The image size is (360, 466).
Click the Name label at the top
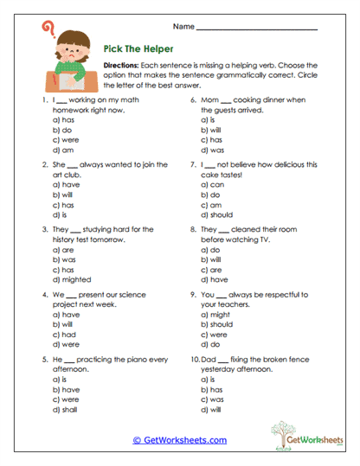[183, 26]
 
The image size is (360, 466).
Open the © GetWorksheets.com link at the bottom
[180, 440]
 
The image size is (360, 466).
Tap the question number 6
[193, 99]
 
